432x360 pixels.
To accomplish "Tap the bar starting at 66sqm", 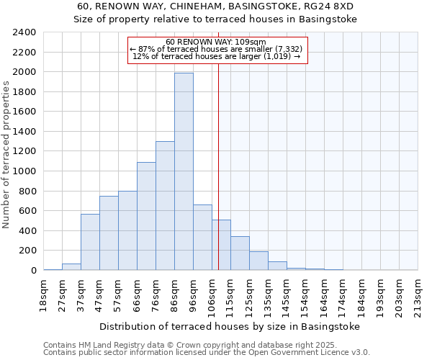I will click(146, 216).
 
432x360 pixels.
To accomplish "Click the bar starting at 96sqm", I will click(202, 238).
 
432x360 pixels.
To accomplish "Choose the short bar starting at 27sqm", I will click(71, 266).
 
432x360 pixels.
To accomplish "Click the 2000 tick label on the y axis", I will click(24, 72).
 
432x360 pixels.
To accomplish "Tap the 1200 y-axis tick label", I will click(24, 151).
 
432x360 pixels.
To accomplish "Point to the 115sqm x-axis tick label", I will click(230, 293).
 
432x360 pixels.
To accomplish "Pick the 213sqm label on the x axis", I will click(418, 293).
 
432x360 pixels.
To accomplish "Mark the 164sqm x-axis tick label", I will click(324, 293).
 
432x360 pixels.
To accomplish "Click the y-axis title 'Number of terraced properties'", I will click(6, 155).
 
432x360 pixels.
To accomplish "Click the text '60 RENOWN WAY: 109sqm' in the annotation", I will click(216, 42).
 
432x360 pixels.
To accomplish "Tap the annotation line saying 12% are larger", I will click(217, 56).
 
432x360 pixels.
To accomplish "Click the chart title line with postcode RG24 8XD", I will click(216, 6).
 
